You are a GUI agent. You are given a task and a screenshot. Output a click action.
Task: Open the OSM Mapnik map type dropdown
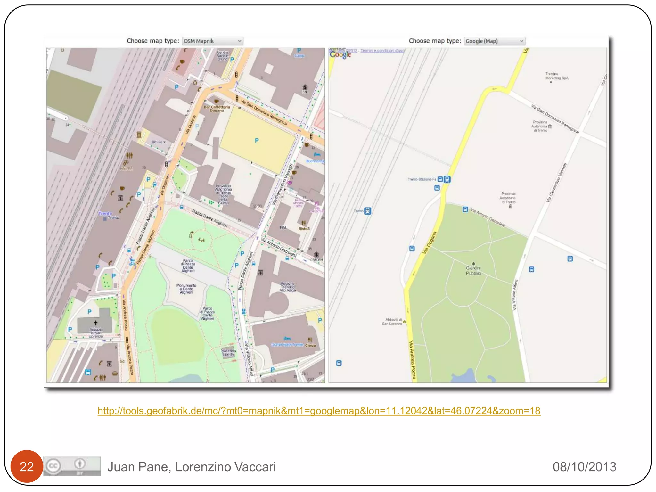212,41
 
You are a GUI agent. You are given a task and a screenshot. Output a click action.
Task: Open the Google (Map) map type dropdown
494,41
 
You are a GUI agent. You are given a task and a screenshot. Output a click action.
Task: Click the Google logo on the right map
340,55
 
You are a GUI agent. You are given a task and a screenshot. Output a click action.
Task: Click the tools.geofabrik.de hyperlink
319,411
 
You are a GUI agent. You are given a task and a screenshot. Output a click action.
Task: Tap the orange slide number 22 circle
27,466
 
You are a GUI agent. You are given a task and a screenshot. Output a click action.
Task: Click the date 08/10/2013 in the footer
584,467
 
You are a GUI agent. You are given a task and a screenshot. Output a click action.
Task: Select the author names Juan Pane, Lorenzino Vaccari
192,467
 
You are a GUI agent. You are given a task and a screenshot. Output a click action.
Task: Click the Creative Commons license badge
72,466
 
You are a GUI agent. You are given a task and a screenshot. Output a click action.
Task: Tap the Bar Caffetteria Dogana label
217,109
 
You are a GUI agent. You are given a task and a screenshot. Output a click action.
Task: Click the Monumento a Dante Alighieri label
186,289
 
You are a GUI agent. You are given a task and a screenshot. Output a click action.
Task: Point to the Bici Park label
159,142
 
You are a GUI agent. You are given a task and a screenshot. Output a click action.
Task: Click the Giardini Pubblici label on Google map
473,271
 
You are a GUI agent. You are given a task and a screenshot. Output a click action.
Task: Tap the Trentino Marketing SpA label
557,76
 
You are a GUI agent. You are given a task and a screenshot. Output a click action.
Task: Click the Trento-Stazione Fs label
422,179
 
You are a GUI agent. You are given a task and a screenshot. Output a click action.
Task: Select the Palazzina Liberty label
228,353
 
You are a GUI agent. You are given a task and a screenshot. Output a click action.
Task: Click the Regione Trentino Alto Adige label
288,287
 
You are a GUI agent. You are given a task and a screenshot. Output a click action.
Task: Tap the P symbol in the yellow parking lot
257,141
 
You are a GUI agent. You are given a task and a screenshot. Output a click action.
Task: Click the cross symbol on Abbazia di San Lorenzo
95,323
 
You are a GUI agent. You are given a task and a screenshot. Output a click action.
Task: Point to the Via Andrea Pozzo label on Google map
412,360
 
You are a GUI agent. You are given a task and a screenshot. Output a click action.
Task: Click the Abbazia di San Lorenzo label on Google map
392,322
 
